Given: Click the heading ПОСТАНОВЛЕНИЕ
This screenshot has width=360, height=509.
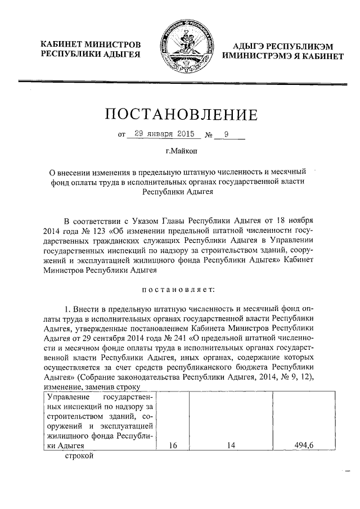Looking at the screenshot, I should tap(181, 115).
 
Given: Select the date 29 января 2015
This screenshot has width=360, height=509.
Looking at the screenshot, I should tap(160, 134).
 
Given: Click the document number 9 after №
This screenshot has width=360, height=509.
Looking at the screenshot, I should tap(227, 134).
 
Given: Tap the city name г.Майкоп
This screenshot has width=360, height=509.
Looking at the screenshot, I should tap(181, 151).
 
